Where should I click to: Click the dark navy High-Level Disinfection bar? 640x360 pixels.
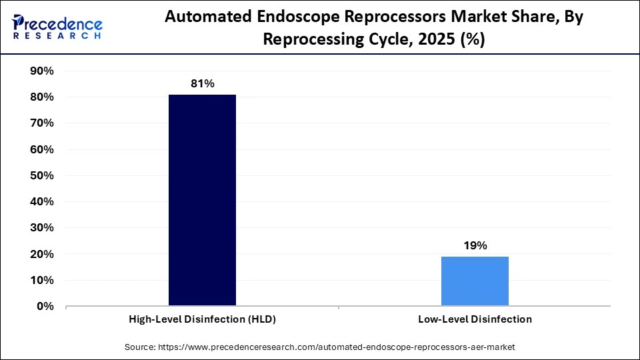202,200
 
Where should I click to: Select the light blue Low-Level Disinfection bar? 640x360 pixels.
475,281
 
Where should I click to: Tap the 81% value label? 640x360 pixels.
202,83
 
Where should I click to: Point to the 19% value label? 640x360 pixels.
475,245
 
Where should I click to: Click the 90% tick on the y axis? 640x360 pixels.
42,71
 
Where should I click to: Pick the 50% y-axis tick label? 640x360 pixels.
42,176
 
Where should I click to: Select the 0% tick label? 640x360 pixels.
45,307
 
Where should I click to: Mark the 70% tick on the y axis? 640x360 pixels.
42,123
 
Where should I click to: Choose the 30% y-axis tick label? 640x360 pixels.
42,228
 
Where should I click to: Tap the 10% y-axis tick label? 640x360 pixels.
42,281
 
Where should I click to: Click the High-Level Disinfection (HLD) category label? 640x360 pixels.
202,319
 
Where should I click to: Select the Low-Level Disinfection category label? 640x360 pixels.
475,319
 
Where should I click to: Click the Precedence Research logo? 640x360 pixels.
57,27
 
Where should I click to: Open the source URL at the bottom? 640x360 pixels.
320,347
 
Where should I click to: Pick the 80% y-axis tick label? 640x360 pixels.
42,97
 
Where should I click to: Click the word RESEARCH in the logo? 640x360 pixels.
57,36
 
